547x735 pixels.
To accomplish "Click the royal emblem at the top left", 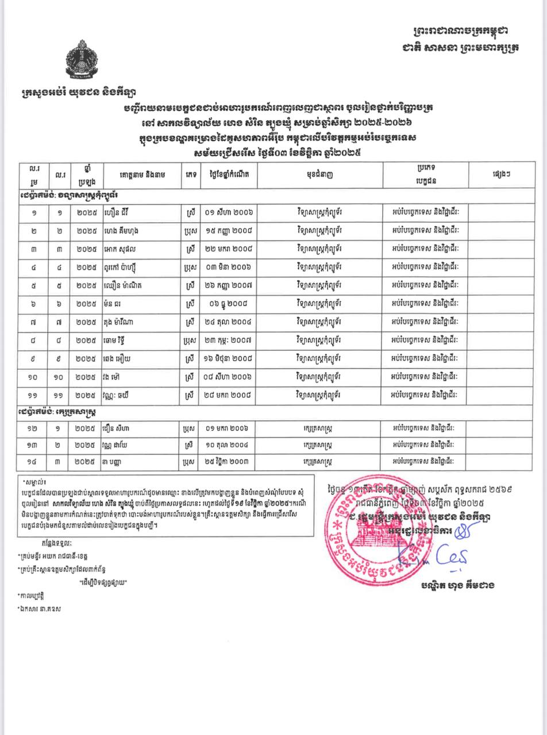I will click(x=82, y=59).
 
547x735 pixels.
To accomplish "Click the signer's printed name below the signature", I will click(x=457, y=585).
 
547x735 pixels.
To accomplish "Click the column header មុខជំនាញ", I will click(x=319, y=175).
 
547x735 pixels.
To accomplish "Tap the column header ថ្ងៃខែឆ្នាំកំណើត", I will click(x=228, y=175).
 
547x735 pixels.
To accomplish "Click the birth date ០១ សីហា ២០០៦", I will click(x=228, y=212).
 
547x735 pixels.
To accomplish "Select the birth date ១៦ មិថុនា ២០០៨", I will click(x=228, y=359).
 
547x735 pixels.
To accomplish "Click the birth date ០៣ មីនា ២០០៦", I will click(x=228, y=268).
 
